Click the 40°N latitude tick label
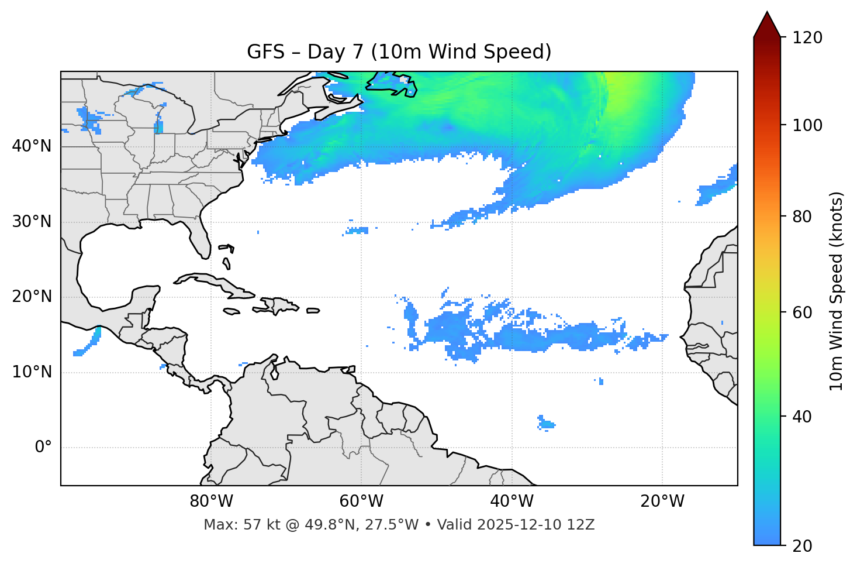32,146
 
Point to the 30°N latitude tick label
32,222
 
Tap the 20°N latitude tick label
32,297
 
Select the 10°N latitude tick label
32,372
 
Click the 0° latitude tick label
43,448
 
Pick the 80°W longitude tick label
211,501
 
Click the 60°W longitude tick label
361,501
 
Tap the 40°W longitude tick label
512,501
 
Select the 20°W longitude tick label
662,501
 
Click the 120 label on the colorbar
807,38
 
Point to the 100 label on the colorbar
807,125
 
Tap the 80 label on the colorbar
804,217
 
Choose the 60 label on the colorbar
804,312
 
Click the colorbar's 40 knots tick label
804,417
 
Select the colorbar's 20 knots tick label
804,546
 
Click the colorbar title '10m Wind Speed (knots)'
837,291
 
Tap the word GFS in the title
266,52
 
